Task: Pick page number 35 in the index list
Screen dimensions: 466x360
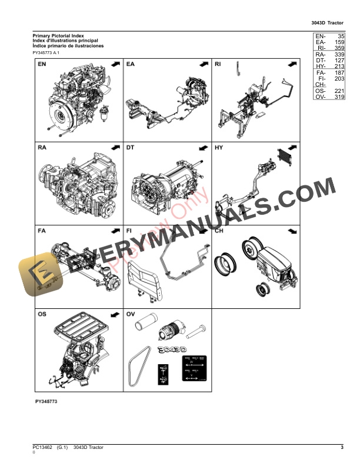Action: (x=340, y=36)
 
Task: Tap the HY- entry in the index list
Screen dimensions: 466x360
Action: (x=321, y=66)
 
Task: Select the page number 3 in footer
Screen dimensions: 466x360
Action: (x=342, y=448)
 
